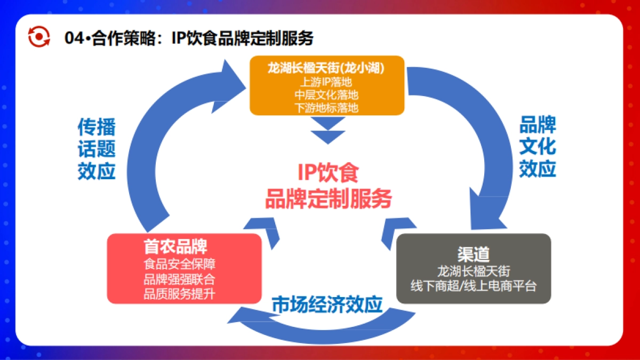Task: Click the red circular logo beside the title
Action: (39, 37)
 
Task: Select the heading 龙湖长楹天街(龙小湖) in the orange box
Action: (326, 68)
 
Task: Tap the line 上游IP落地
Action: (326, 82)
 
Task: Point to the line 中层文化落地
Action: (326, 94)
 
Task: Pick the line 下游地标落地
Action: (326, 107)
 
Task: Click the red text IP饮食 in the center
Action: (327, 173)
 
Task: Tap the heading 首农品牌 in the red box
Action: (175, 246)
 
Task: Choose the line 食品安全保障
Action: (179, 264)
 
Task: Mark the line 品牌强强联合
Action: (179, 279)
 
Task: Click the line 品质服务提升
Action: (179, 294)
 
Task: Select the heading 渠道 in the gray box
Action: (473, 253)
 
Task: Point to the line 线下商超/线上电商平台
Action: (473, 286)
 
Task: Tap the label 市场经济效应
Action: (327, 305)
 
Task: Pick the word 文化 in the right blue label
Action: (538, 146)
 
